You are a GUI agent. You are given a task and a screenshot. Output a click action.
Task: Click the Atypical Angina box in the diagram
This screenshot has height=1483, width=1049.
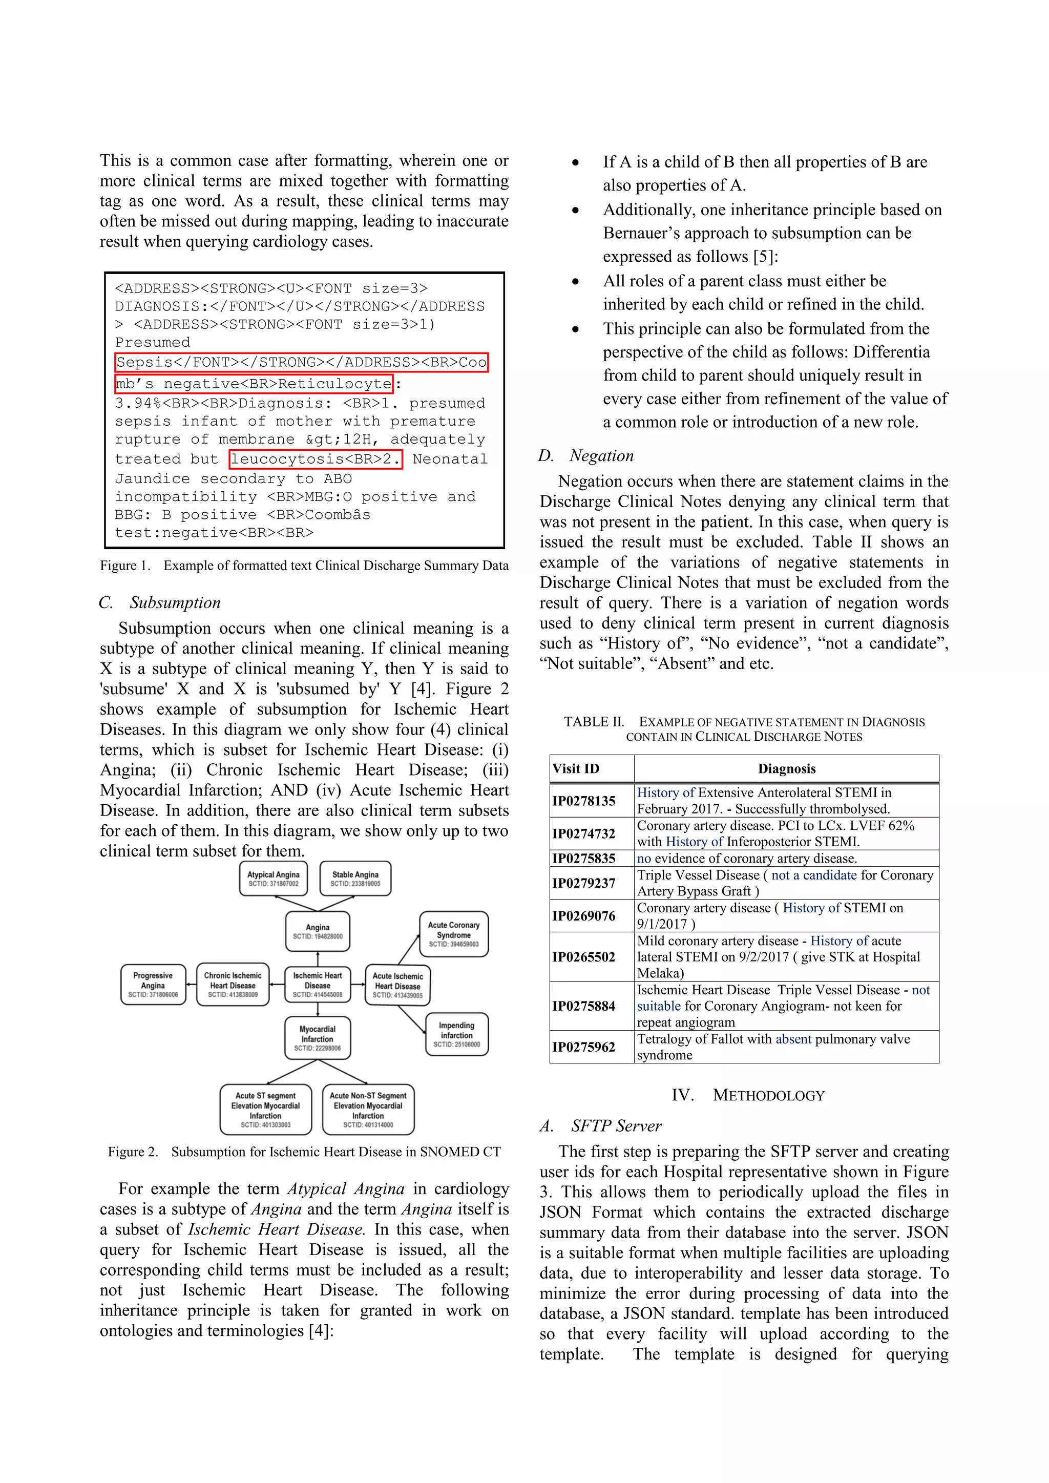273,879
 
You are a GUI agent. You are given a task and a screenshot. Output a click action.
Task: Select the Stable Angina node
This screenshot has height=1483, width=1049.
355,879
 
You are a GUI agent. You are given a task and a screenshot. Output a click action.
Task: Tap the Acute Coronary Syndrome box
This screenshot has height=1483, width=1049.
453,934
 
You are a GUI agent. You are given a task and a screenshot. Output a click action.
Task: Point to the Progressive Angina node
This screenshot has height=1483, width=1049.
153,985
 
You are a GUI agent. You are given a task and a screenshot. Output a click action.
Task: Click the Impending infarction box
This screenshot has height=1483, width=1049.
457,1034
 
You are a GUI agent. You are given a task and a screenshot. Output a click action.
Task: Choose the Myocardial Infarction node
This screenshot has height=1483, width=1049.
317,1038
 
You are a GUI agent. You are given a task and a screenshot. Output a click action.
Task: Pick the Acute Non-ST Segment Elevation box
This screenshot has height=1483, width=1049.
368,1110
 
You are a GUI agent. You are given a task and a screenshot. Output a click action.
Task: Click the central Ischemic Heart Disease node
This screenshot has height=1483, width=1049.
317,985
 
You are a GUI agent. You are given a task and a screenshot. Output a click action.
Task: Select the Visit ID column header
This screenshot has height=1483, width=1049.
576,768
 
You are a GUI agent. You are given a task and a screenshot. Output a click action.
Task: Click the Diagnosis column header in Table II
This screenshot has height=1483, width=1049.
786,768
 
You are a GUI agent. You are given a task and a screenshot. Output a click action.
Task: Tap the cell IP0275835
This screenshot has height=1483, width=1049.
584,859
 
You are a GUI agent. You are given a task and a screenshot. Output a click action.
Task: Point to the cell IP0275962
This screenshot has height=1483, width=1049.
584,1047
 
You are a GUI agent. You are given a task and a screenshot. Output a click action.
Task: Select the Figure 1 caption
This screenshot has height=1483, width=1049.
304,566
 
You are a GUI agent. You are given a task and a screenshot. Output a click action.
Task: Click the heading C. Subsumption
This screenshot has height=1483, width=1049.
160,602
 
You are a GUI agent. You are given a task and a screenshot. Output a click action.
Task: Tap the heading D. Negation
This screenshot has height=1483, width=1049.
586,456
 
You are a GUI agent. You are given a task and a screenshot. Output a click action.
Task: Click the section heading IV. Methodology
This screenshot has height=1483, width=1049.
748,1095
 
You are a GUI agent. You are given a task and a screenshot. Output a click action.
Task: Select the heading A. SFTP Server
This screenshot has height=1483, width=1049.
601,1126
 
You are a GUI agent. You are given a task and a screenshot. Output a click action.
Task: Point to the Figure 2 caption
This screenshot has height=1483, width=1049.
304,1152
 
